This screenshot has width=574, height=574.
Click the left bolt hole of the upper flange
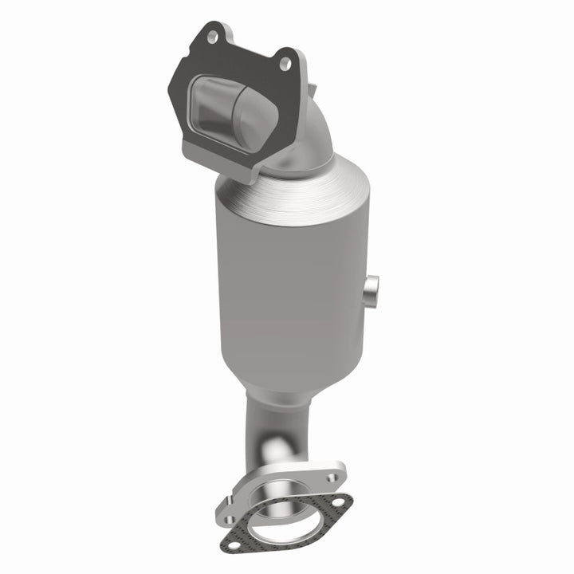(x=212, y=36)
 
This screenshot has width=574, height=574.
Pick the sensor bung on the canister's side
(x=372, y=291)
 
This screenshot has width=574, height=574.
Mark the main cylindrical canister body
(x=291, y=295)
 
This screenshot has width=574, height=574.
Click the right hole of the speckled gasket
(x=338, y=503)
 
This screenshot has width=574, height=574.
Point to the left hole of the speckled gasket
(x=233, y=545)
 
